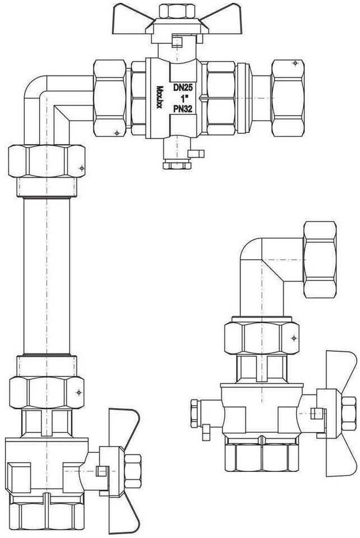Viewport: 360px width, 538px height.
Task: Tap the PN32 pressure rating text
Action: click(182, 109)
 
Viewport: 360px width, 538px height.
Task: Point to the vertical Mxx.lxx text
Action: click(159, 97)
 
